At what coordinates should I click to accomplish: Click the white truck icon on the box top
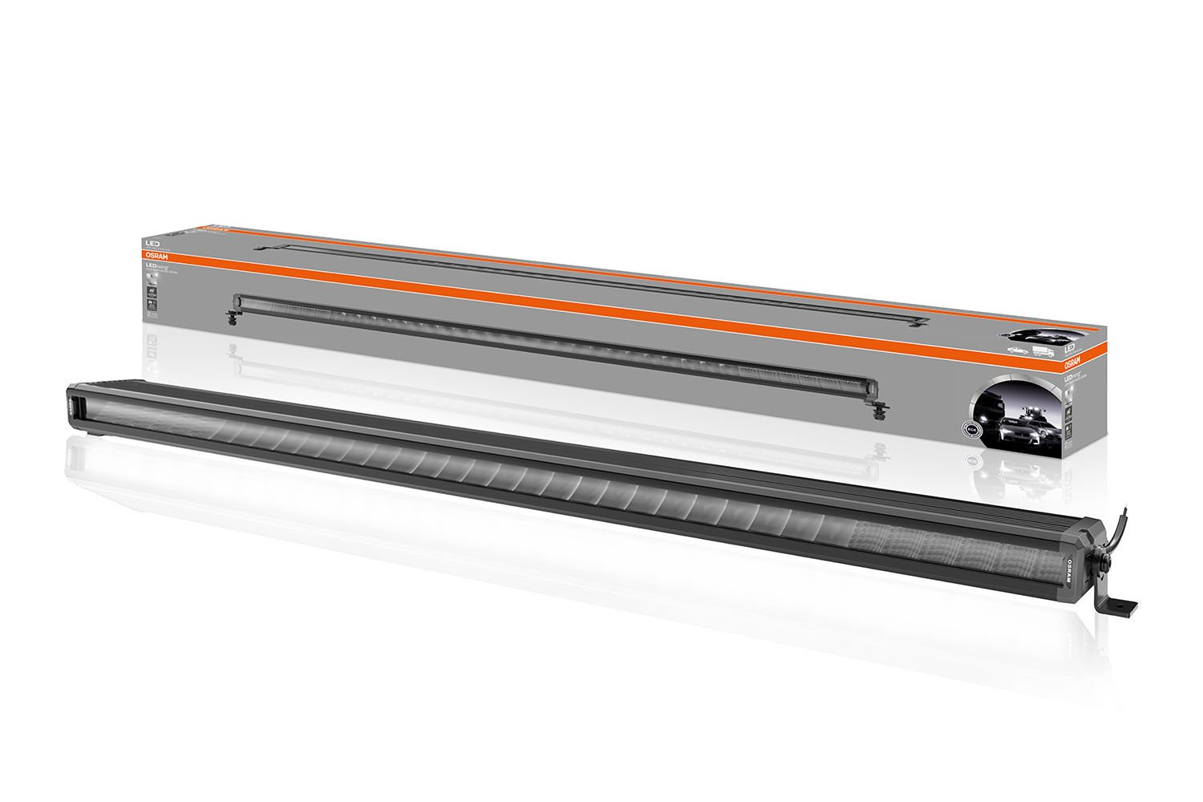tap(1043, 351)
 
